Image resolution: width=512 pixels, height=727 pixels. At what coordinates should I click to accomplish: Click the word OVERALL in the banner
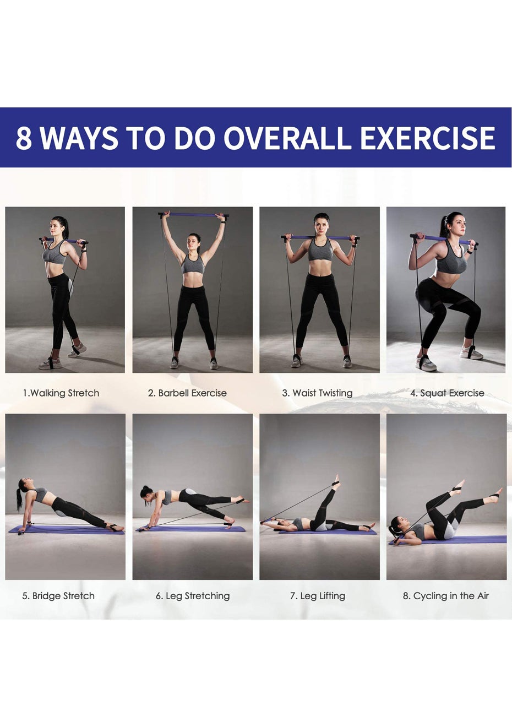click(x=287, y=138)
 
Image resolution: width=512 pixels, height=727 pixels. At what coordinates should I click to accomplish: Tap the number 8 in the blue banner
click(x=24, y=138)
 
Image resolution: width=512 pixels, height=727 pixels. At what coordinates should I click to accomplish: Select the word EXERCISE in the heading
click(x=428, y=138)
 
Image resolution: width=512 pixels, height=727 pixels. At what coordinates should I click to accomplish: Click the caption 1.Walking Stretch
click(x=61, y=393)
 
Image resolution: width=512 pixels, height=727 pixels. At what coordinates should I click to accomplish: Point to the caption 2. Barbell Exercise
click(x=187, y=393)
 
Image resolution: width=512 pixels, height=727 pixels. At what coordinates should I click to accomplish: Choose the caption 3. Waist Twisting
click(x=317, y=393)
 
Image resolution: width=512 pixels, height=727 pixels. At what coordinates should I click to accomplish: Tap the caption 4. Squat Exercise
click(x=447, y=393)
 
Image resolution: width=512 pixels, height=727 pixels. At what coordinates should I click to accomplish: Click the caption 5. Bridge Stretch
click(x=58, y=596)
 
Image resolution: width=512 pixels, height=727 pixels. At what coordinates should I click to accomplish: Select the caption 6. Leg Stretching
click(x=193, y=596)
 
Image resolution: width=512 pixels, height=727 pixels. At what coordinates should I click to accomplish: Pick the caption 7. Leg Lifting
click(x=317, y=596)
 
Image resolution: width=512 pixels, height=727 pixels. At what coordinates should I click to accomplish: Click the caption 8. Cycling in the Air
click(x=445, y=596)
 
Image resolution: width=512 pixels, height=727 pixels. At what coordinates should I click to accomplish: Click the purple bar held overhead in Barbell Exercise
click(x=193, y=215)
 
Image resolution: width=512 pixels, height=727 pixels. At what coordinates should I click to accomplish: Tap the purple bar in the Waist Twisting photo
click(x=320, y=237)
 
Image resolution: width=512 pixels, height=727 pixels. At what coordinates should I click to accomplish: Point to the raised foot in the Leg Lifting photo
click(x=336, y=484)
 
